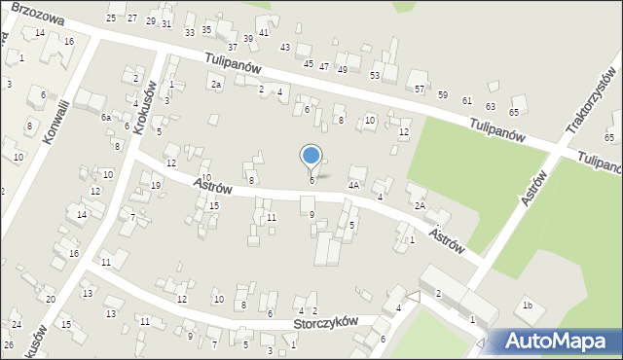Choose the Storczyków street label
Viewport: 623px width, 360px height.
326,323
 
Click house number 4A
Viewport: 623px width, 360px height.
354,183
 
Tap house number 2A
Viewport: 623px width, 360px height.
419,205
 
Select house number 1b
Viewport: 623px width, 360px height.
527,306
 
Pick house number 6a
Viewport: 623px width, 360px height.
106,117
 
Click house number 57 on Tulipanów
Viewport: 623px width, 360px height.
420,89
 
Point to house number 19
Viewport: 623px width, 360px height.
156,186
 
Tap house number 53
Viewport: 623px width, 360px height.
375,75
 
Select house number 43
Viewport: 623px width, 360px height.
285,47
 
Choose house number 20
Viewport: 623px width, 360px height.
50,299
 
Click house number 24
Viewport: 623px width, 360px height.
17,324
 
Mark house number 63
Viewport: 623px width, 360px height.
490,106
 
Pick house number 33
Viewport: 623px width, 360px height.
189,32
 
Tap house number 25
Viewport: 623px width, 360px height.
112,18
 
